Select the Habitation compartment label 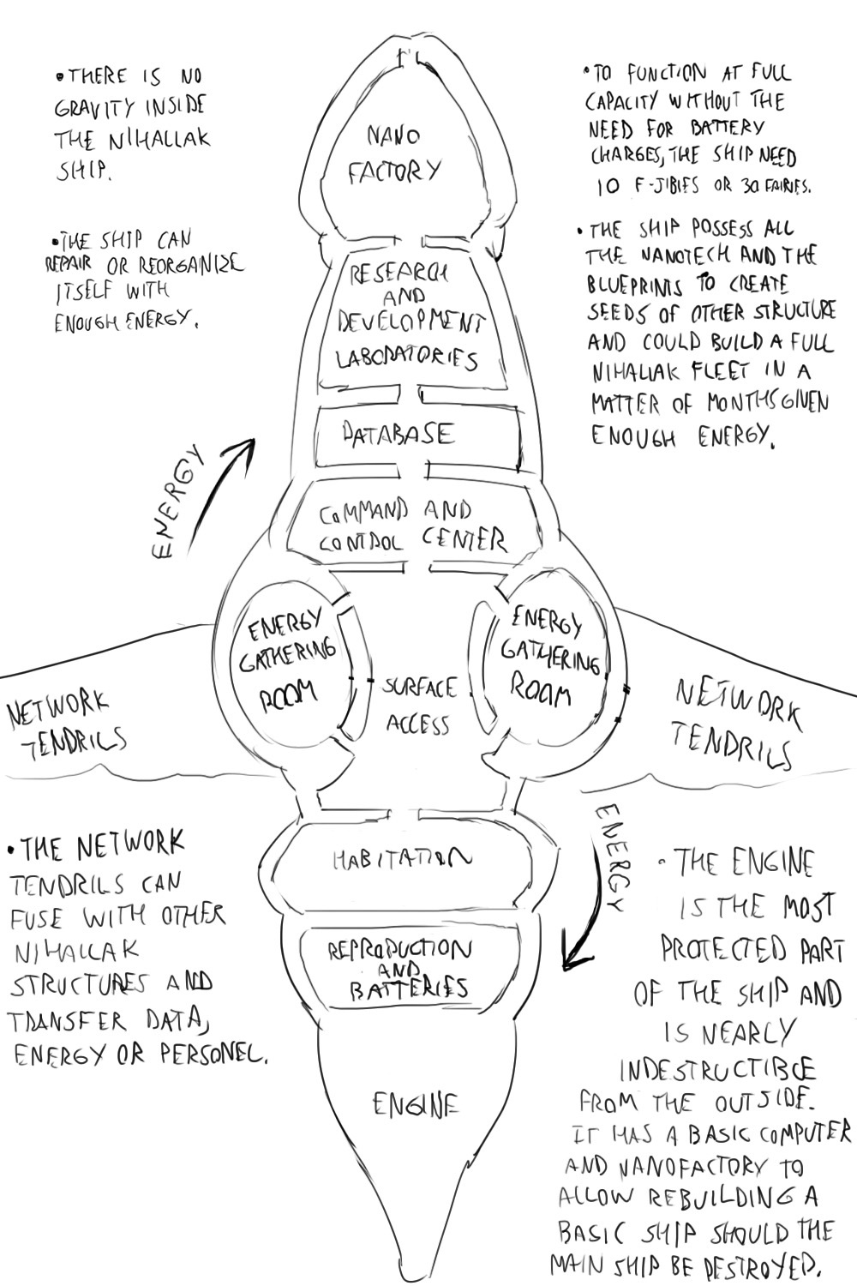tap(402, 858)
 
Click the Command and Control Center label tap(412, 526)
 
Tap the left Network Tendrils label tap(65, 725)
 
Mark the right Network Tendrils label tap(736, 722)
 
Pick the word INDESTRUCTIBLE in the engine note tap(716, 1069)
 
